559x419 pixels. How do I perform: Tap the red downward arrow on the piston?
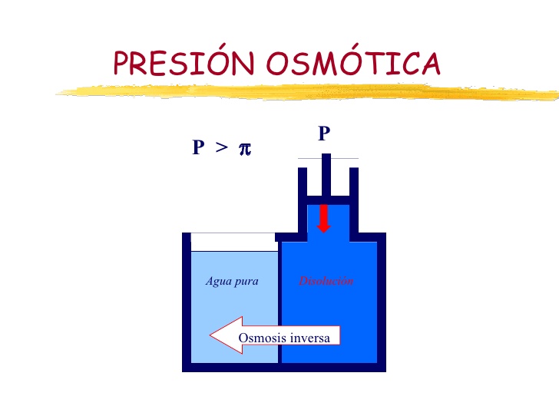(324, 217)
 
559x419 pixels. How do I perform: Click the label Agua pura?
(232, 281)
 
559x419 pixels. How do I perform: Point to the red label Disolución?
(326, 281)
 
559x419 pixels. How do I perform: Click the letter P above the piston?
(324, 134)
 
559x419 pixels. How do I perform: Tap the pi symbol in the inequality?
(245, 148)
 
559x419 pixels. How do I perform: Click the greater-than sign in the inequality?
(221, 148)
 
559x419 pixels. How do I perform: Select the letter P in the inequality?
(198, 148)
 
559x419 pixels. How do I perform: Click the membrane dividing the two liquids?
(279, 307)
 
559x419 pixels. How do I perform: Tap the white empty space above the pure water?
(233, 242)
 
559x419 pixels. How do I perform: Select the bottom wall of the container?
(284, 367)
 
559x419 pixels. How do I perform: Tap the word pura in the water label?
(246, 281)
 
